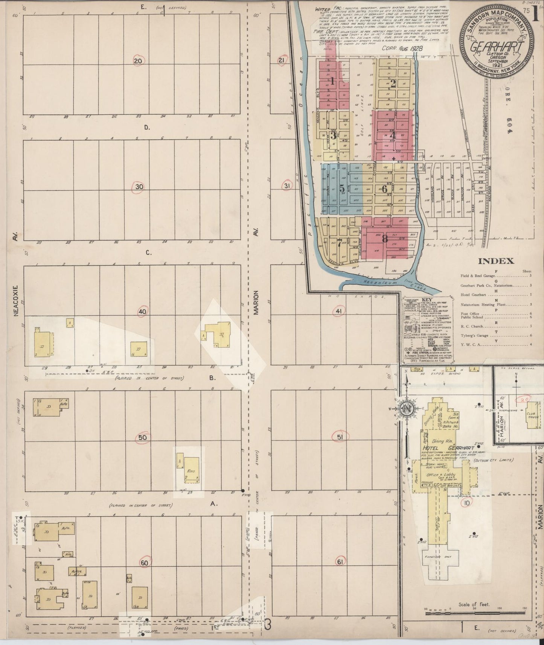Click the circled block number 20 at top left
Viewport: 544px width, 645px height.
138,61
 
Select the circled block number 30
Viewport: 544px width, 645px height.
139,187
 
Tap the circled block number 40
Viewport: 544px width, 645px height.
142,312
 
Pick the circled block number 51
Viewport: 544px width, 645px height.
340,437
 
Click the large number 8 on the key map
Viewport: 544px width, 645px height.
384,238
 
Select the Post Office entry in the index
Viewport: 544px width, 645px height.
470,313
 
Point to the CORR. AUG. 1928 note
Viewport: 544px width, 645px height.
403,49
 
